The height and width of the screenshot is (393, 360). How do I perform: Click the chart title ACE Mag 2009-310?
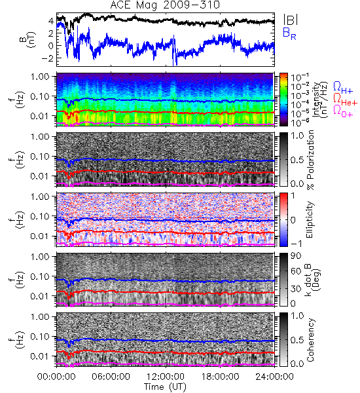(165, 5)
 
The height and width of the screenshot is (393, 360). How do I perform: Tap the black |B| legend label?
(291, 20)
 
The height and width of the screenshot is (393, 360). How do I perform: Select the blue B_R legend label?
(289, 33)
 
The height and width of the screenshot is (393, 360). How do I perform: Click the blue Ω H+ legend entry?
(343, 88)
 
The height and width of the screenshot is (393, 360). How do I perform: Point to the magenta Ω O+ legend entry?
(343, 111)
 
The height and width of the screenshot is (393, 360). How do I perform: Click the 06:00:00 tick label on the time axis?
(111, 377)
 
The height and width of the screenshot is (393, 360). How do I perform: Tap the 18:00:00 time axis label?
(220, 377)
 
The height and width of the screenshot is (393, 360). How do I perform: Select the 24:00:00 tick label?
(274, 377)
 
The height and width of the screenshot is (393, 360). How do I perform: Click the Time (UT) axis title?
(166, 387)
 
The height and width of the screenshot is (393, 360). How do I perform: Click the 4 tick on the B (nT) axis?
(51, 21)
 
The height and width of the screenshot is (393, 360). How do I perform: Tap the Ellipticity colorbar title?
(310, 219)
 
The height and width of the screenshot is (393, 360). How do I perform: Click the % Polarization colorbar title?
(310, 160)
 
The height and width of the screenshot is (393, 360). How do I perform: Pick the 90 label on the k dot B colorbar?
(296, 256)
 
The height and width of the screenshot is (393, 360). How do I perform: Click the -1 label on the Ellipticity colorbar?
(296, 244)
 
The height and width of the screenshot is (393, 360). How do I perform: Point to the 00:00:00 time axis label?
(56, 377)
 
